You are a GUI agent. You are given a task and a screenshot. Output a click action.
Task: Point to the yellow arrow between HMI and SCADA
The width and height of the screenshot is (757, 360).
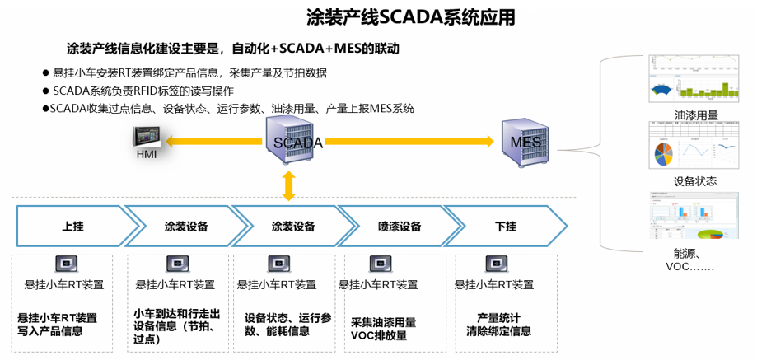pos(214,142)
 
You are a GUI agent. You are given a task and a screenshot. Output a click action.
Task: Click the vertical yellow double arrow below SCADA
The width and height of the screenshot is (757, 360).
pos(288,186)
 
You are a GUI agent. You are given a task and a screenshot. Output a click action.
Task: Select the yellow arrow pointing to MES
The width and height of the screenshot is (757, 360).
pos(412,142)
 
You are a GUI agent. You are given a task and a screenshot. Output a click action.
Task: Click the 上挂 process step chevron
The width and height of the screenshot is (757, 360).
pos(72,226)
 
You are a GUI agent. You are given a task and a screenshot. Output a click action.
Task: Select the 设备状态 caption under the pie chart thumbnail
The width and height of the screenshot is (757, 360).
pos(694,181)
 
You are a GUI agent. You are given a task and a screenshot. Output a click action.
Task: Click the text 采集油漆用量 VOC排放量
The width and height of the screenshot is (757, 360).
pos(384,328)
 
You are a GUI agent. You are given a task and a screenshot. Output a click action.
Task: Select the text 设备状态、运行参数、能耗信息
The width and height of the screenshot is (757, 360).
pos(287,324)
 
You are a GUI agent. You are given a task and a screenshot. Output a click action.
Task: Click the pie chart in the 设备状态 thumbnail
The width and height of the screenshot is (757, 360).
pos(665,153)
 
